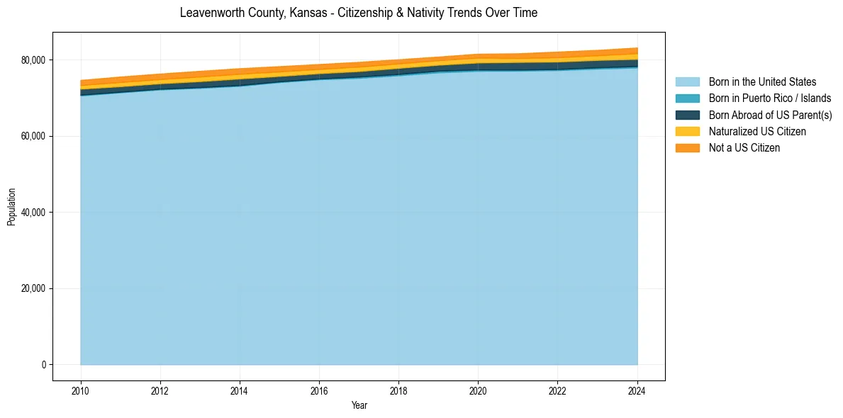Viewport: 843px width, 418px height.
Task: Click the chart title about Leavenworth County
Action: pos(358,13)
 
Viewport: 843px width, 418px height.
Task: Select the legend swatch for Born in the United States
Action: pos(687,82)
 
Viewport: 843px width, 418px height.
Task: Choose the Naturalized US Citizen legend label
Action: pos(757,132)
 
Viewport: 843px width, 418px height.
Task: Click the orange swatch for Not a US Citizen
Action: pos(687,148)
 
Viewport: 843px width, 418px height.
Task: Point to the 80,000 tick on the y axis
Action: pos(34,60)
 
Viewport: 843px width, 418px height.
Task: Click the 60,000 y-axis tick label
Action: pos(34,136)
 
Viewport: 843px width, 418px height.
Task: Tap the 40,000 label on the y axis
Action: pos(34,213)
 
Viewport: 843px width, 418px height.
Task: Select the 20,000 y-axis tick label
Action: pos(34,288)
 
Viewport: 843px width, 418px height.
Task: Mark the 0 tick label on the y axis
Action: pos(43,365)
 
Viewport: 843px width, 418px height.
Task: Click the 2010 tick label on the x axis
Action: pos(81,390)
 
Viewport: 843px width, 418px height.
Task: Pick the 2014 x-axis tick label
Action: pos(240,390)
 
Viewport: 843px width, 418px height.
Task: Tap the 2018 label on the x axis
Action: pos(398,390)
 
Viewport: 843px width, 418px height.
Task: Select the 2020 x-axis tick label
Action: pos(478,390)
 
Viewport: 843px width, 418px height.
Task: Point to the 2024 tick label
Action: pos(637,390)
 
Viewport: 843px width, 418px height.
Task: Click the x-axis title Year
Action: pos(359,406)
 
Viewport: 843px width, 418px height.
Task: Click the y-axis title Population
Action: pos(11,207)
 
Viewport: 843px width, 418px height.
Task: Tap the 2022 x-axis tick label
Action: pos(557,390)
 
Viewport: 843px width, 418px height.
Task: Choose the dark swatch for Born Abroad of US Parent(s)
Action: pos(687,115)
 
